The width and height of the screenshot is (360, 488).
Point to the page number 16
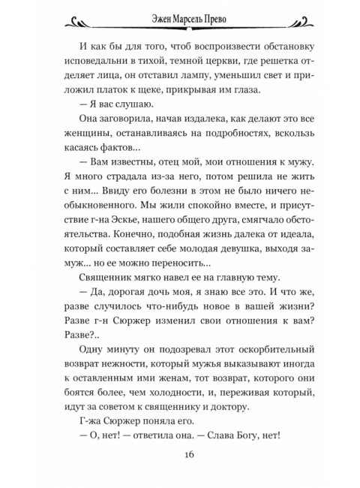pyautogui.click(x=180, y=456)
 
